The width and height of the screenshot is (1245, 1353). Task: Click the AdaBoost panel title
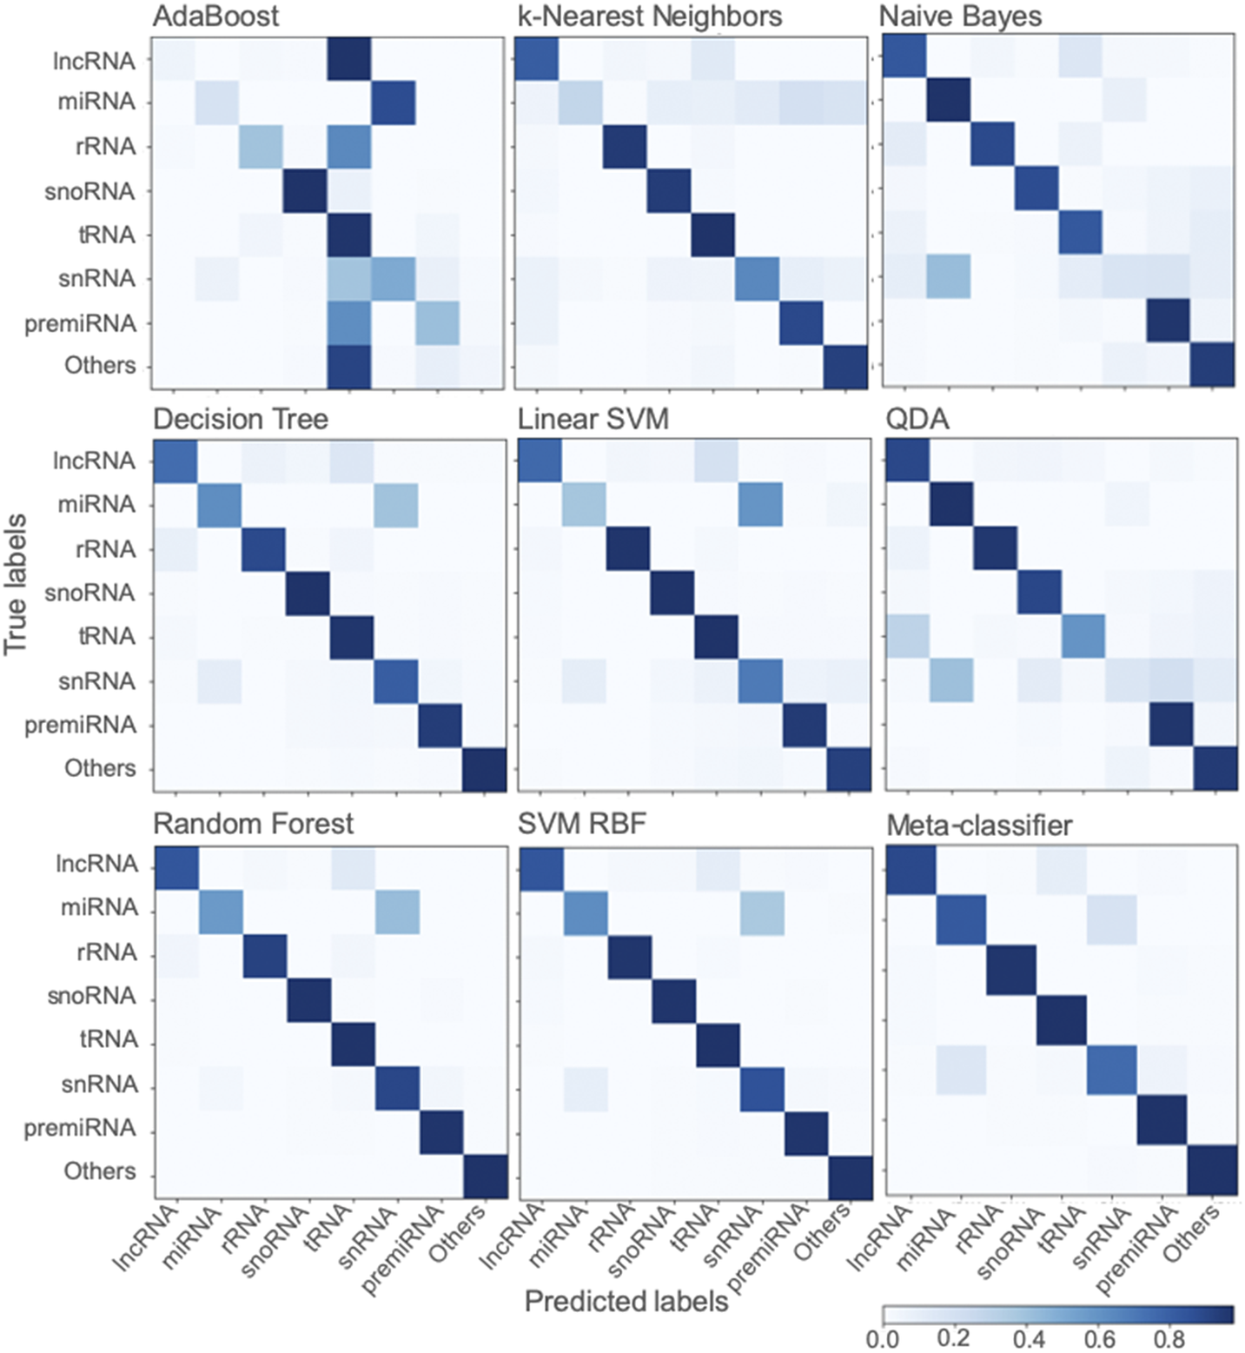point(215,17)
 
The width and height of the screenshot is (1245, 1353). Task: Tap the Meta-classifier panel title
point(978,825)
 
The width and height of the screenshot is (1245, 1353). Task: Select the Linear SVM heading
point(593,420)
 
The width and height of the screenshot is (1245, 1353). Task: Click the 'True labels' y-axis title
point(16,584)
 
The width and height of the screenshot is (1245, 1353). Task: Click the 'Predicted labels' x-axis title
point(626,1301)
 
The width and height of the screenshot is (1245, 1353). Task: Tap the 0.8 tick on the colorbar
point(1169,1339)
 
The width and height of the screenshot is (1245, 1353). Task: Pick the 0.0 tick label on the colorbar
point(883,1339)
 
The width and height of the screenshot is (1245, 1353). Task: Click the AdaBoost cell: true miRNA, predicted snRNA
point(393,103)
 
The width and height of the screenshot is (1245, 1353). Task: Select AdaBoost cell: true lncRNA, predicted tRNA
point(349,59)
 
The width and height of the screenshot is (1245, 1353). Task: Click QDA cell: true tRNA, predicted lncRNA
point(908,636)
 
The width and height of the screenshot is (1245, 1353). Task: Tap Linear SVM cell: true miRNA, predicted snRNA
point(760,505)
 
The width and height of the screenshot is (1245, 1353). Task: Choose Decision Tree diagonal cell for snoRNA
point(308,593)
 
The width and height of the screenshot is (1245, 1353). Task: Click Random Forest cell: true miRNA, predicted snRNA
point(398,909)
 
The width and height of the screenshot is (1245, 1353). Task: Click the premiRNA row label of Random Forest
point(80,1128)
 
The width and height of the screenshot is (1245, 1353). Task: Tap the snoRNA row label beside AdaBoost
point(89,191)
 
